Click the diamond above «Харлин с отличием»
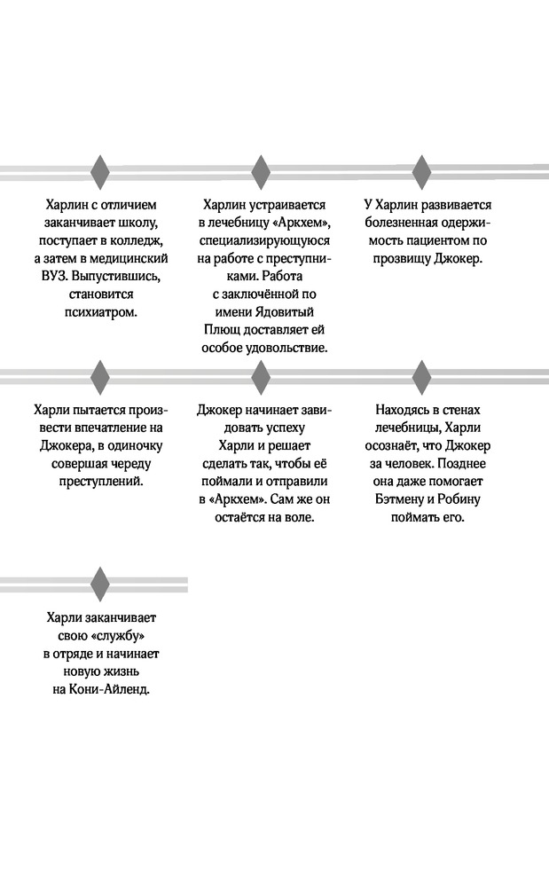[x=100, y=172]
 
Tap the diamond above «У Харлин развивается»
[x=420, y=172]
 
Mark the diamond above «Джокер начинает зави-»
[x=260, y=376]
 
